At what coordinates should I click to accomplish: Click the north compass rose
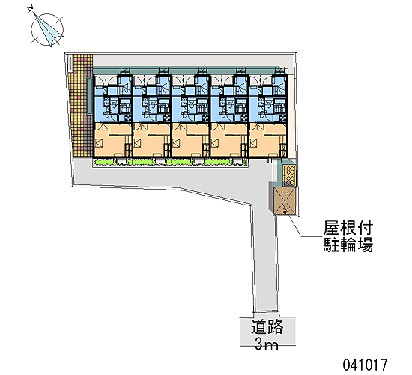tap(47, 30)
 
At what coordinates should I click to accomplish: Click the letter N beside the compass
tap(31, 9)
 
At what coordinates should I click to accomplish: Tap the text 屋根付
tap(348, 228)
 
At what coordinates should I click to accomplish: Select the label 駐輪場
tap(348, 244)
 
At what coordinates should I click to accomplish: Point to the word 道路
tap(267, 327)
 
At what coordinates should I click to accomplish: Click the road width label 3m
tap(267, 343)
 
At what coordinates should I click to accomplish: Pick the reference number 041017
tap(365, 365)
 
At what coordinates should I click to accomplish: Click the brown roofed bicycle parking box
tap(285, 201)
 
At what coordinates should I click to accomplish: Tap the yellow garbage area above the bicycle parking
tap(290, 175)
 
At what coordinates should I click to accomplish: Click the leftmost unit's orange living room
tap(112, 140)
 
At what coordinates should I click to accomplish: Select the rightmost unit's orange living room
tap(267, 140)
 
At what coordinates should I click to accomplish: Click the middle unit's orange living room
tap(190, 140)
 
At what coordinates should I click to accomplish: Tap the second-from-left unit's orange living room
tap(151, 140)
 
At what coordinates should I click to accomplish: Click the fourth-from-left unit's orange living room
tap(228, 140)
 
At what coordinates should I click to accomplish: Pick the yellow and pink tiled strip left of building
tap(80, 106)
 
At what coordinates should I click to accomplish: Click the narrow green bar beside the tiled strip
tap(90, 96)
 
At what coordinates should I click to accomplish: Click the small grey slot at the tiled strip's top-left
tap(70, 63)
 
